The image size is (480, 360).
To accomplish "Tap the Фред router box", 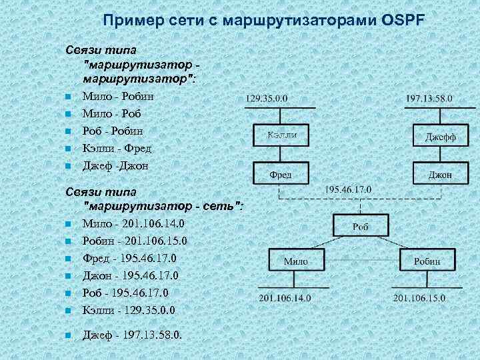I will click(280, 174).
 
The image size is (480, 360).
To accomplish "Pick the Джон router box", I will click(440, 174).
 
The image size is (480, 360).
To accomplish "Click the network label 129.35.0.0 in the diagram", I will click(267, 98).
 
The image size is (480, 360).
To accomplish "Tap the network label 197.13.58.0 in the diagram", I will click(429, 98).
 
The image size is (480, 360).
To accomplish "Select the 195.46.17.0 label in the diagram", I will click(348, 189).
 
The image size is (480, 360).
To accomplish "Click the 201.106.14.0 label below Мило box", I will click(285, 297).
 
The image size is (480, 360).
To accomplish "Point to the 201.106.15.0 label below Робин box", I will click(419, 297).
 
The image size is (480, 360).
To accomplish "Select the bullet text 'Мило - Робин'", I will click(117, 96).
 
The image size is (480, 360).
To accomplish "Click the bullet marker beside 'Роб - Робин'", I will click(68, 131).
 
